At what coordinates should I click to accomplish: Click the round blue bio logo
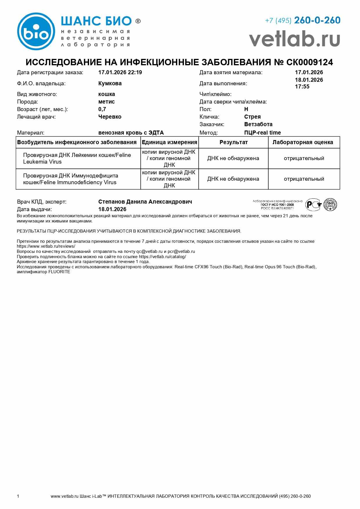36,31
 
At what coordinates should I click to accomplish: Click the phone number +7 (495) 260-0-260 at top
303,20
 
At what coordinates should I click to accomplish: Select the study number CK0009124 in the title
310,62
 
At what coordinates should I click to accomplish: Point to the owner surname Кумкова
110,84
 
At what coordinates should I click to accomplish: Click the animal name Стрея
252,117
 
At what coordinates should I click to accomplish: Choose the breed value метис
106,102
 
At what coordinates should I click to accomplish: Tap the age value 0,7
102,109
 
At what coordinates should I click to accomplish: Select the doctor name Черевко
110,117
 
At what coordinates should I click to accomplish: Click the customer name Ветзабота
258,124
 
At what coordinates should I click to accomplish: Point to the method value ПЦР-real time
263,133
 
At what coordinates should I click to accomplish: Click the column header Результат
234,142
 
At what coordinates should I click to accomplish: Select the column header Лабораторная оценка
303,142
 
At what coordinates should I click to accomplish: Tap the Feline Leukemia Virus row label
77,158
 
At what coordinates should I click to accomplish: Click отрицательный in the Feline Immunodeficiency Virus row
304,179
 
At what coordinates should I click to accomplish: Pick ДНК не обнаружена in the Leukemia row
233,158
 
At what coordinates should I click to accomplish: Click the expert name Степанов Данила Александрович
145,202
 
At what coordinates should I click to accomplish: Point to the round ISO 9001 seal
330,204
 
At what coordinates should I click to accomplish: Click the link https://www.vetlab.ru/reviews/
46,246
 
